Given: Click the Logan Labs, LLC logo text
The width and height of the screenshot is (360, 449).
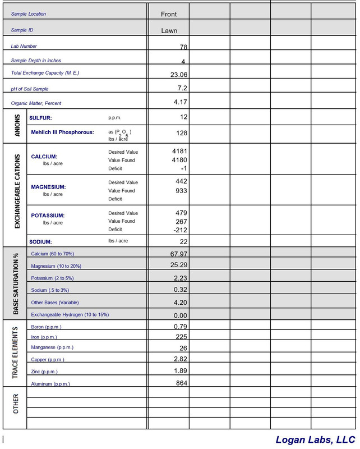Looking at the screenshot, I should click(x=315, y=439).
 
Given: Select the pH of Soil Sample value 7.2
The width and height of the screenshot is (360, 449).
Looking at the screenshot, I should click(x=182, y=88).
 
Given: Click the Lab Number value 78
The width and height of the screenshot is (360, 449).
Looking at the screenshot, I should click(x=183, y=47).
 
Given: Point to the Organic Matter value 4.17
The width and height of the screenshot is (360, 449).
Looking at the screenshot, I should click(x=180, y=102).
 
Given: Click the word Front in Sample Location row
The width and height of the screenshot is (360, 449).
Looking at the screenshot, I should click(x=169, y=14).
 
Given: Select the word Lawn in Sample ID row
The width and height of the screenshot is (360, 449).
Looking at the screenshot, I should click(x=169, y=31).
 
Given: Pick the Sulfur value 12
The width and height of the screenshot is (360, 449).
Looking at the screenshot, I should click(x=183, y=117).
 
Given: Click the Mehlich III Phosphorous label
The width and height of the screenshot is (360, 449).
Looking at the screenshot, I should click(x=62, y=132).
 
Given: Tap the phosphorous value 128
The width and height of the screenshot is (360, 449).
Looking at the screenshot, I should click(x=181, y=133).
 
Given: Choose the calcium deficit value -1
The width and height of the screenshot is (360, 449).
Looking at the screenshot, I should click(x=183, y=168).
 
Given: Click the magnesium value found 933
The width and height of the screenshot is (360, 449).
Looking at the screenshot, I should click(x=181, y=191).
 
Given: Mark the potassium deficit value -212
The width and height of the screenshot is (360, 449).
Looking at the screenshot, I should click(x=180, y=230).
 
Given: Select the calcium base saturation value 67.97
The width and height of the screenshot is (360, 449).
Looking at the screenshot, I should click(x=179, y=254).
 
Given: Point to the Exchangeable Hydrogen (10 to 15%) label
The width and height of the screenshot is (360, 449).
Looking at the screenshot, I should click(x=70, y=315).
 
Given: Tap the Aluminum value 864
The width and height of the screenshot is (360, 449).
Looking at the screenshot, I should click(x=181, y=383).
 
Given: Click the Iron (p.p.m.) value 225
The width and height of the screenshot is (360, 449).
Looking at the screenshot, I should click(x=181, y=337).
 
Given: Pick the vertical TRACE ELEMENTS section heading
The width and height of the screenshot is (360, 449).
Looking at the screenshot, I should click(x=15, y=352).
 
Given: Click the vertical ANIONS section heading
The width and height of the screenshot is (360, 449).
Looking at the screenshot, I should click(x=16, y=126).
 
